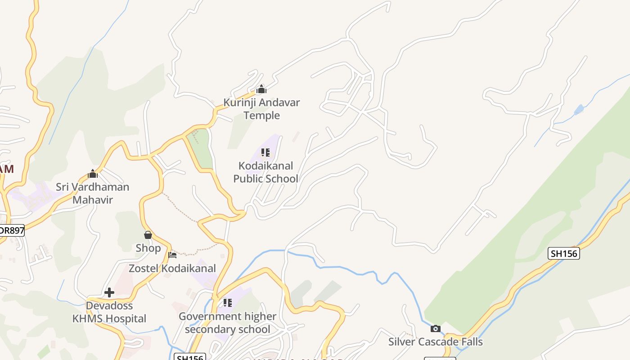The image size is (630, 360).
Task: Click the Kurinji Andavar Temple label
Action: (261, 109)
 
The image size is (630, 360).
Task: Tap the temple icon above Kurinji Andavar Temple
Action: (261, 89)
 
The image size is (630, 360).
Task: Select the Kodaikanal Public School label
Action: (265, 172)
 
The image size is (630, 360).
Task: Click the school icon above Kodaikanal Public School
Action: (265, 153)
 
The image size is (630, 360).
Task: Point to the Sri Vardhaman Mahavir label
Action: (92, 193)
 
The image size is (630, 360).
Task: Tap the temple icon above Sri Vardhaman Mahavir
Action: (93, 174)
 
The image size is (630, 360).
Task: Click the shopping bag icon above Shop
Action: (148, 235)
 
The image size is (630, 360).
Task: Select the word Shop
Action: (148, 248)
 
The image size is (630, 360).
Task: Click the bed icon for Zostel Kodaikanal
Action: (172, 255)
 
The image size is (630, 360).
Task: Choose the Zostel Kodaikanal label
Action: (172, 268)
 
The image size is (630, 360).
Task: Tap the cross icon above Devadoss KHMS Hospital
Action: (109, 292)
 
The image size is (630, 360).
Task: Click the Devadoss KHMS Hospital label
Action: (109, 312)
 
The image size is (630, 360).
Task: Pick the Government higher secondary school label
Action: (227, 323)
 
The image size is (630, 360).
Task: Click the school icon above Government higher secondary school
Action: (228, 303)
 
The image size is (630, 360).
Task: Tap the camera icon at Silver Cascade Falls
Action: (435, 329)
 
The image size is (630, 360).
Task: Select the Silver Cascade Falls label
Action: (435, 342)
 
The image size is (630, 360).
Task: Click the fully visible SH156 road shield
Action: (564, 253)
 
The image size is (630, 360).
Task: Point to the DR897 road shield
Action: (12, 230)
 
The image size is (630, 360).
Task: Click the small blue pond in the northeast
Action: (579, 109)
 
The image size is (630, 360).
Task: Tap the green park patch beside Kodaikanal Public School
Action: (200, 148)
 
